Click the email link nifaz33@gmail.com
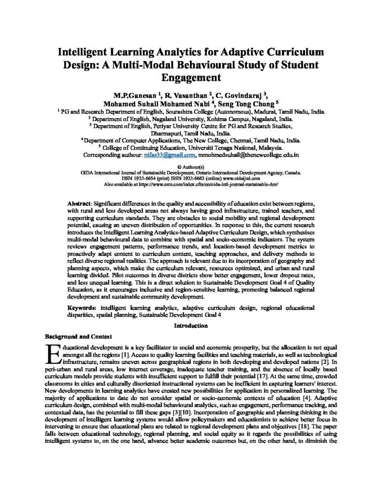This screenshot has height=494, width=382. (170, 155)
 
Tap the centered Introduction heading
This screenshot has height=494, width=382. (191, 326)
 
